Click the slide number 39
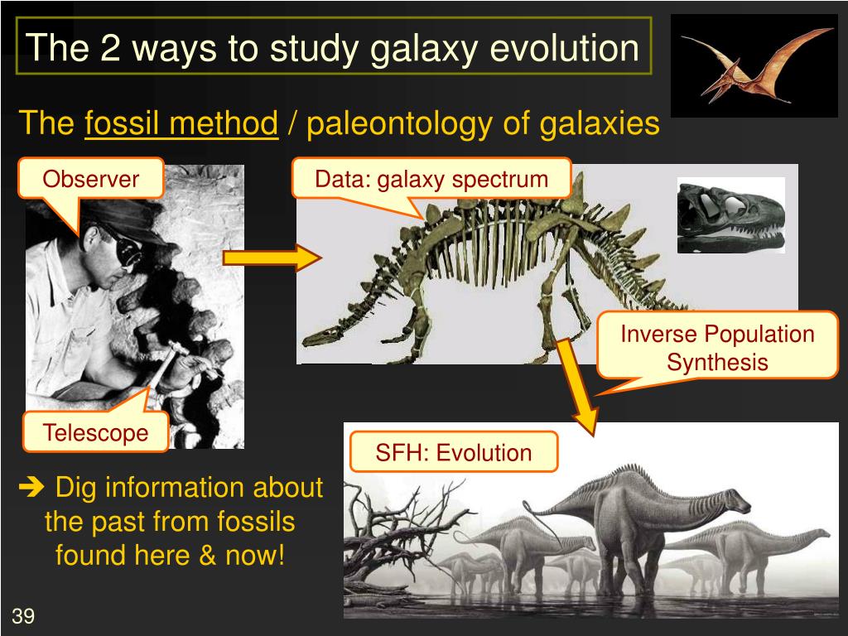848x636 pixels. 23,615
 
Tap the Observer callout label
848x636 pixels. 91,179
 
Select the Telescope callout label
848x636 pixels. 96,432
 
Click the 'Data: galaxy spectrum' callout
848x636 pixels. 431,179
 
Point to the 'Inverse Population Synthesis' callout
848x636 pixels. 717,347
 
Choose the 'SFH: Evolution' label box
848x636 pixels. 454,453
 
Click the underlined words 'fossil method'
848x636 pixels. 181,123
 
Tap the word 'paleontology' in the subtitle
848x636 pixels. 400,124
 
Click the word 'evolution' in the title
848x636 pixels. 565,47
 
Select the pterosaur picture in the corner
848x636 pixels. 754,65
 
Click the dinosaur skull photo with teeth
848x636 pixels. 731,215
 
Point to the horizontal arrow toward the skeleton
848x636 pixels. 272,258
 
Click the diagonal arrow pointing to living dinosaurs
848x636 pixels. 576,387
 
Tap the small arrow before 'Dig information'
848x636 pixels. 31,487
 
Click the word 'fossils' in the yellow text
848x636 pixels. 256,522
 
